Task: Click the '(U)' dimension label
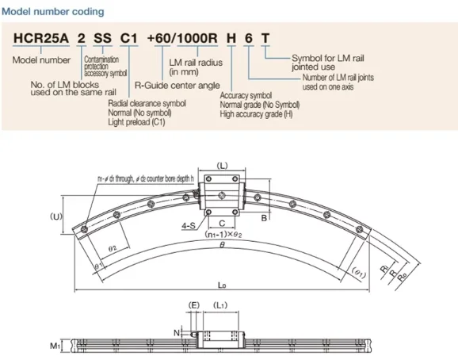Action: point(56,216)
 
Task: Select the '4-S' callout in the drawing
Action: point(189,226)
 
